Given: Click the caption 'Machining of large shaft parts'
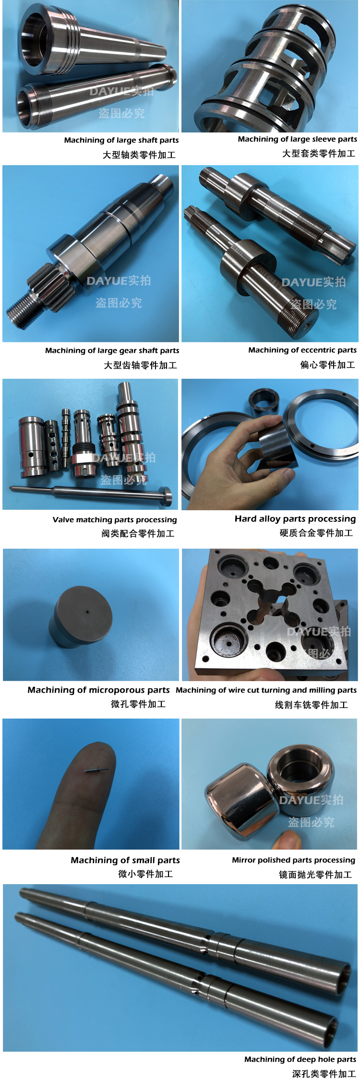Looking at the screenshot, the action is point(121,140).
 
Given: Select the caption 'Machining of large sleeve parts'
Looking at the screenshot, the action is point(298,139).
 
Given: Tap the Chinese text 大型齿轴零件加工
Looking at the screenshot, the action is point(141,365).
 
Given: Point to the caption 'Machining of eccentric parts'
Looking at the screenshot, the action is point(302,350).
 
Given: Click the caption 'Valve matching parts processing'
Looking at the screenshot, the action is point(115,519).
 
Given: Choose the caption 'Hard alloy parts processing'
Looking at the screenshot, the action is point(295,519).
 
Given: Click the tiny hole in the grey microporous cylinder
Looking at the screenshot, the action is point(87,612).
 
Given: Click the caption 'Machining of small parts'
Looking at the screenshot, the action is point(125,860).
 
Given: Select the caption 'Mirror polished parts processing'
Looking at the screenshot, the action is point(294,860).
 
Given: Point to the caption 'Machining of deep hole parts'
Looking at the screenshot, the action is point(300,1059).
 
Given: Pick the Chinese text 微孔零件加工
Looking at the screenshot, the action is point(138,704).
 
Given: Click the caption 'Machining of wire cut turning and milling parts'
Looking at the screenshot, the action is point(266,690).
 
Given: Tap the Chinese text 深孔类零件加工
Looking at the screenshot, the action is point(324,1074).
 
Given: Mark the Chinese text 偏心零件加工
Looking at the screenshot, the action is point(328,365).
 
